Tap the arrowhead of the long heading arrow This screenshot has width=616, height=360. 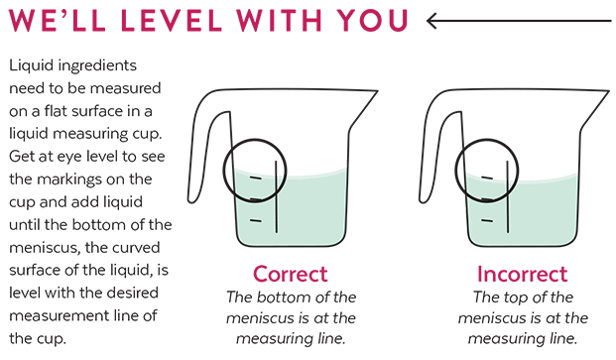(x=433, y=20)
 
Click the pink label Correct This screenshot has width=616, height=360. (x=291, y=274)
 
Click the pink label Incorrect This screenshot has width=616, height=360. (x=522, y=274)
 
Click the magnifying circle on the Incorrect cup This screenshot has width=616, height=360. (x=486, y=169)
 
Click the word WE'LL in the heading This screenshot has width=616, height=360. (x=50, y=21)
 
